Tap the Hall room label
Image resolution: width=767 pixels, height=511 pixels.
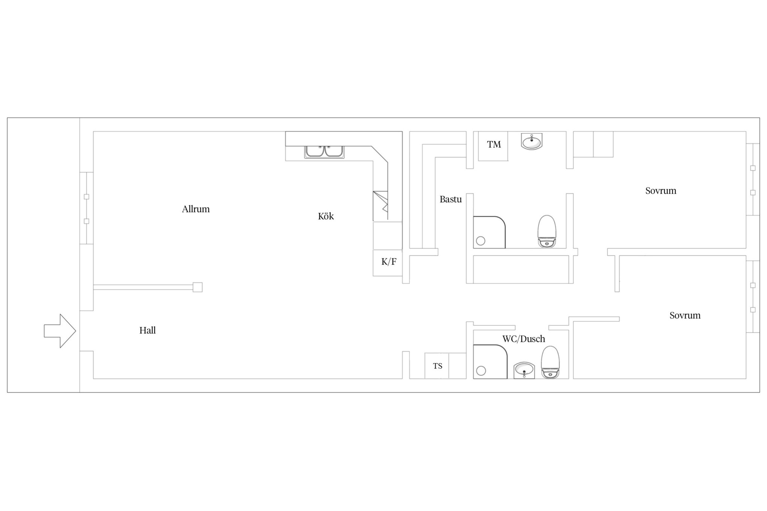tap(148, 330)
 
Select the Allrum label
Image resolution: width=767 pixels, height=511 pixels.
tap(196, 209)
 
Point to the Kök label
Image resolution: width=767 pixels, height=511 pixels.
tap(326, 216)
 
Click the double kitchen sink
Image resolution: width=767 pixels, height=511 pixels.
tap(324, 152)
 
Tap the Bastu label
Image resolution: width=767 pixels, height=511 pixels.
tap(451, 199)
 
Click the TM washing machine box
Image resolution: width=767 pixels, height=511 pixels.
tap(493, 146)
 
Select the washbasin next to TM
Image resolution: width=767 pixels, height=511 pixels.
tap(531, 142)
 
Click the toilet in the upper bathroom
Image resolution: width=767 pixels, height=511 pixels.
tap(547, 231)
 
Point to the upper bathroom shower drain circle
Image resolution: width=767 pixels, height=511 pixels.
tap(480, 241)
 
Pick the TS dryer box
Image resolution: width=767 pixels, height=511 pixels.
tap(437, 366)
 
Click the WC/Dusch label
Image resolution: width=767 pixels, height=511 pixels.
tap(524, 339)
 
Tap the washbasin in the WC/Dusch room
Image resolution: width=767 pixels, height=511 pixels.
tap(524, 370)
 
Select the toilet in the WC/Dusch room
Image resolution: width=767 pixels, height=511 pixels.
tap(550, 362)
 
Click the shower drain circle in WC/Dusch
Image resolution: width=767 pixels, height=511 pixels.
tap(481, 371)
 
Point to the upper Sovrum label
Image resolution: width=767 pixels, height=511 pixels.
tap(661, 191)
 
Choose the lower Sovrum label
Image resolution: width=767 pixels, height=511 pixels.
tap(685, 315)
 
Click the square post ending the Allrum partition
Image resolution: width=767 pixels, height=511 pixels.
tap(198, 287)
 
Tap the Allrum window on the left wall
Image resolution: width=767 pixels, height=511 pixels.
tap(87, 208)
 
